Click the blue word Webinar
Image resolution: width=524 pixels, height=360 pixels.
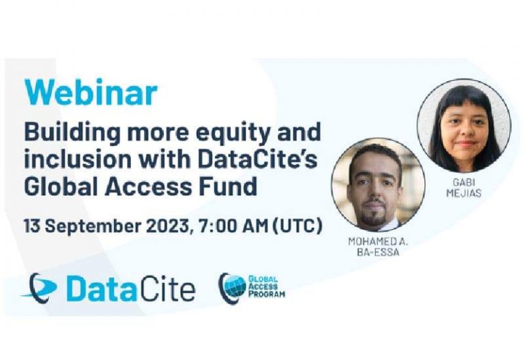[91, 93]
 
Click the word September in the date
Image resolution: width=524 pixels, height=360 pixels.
[93, 226]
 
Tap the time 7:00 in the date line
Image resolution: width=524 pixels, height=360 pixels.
[215, 226]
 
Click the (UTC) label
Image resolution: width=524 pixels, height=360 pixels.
[297, 226]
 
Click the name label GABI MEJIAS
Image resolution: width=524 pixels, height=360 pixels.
[464, 187]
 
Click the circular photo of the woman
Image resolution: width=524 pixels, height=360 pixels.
[464, 126]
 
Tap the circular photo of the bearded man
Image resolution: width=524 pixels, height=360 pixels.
[378, 184]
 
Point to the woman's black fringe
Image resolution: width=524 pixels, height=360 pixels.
[464, 97]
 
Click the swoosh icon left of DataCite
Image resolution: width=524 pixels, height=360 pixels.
[40, 286]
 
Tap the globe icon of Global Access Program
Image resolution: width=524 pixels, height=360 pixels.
[233, 286]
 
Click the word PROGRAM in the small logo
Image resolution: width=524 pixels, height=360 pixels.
[267, 295]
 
